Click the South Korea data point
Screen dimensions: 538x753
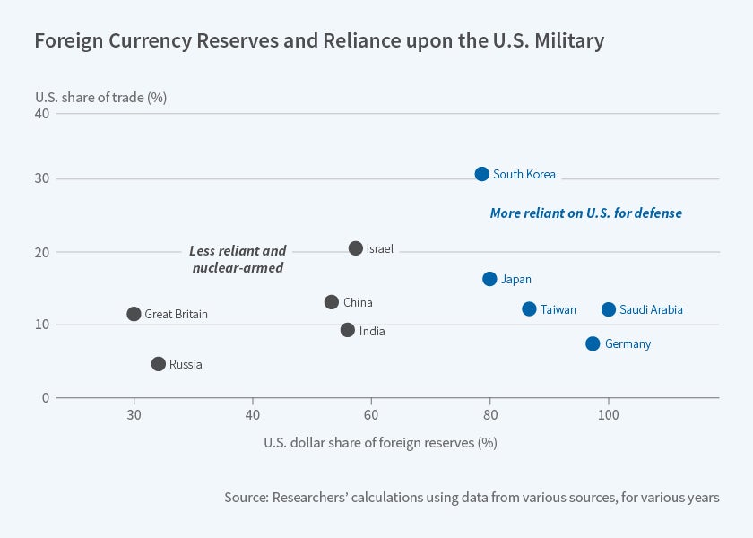pos(482,174)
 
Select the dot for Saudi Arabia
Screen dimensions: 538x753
pos(609,309)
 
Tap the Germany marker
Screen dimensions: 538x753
pos(593,343)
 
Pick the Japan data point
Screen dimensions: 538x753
pos(489,279)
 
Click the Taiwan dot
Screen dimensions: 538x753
pos(529,309)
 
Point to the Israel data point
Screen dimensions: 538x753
pos(356,248)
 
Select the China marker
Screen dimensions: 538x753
pos(332,302)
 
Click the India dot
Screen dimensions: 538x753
pos(348,330)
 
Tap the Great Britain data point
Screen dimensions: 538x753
pos(134,314)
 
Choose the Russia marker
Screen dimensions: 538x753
pos(159,364)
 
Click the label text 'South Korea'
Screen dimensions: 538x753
pos(524,175)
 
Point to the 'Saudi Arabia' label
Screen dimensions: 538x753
pos(651,310)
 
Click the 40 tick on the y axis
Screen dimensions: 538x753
pos(42,114)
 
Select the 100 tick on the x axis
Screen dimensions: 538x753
pos(609,414)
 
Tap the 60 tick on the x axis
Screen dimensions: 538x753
pos(371,414)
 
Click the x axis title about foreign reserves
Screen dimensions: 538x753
pos(380,443)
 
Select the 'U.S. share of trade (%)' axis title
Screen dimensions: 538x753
pos(101,97)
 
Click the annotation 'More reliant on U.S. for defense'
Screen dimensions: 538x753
pos(585,213)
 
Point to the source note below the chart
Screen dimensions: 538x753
pos(472,497)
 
